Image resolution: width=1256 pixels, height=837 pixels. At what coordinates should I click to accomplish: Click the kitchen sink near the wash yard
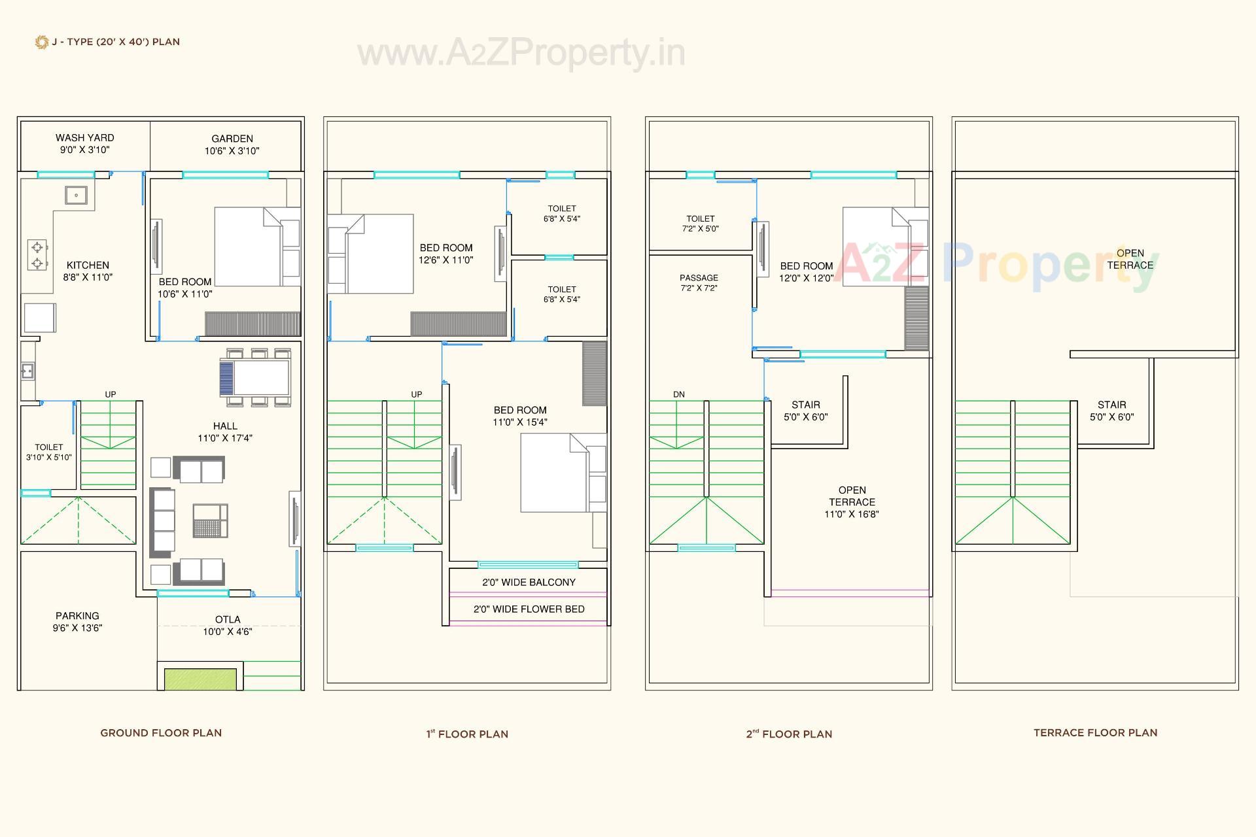point(76,195)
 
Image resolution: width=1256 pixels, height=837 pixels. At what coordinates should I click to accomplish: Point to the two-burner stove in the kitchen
point(37,255)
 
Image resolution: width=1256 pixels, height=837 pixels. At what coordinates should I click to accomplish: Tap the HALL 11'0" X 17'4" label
point(225,432)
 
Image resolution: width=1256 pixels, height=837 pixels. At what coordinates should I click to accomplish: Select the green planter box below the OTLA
point(200,679)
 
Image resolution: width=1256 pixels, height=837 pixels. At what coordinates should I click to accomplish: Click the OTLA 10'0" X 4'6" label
point(228,625)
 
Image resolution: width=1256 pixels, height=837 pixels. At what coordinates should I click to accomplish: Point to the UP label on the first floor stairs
point(417,394)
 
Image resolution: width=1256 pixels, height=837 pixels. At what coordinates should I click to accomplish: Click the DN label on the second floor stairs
point(679,394)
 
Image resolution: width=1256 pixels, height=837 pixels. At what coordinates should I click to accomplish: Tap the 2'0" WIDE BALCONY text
point(529,582)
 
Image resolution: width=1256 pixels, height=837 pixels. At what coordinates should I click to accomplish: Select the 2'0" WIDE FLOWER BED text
point(529,609)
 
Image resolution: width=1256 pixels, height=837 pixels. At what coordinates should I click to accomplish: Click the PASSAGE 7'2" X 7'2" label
point(699,282)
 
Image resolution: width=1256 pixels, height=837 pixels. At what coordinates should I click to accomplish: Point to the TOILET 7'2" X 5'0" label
point(700,224)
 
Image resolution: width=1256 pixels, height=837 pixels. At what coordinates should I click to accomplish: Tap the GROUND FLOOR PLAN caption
point(161,733)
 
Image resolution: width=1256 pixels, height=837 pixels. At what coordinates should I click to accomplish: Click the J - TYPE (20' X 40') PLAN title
point(116,42)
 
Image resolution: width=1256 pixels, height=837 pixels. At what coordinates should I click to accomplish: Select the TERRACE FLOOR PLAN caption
point(1095,733)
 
